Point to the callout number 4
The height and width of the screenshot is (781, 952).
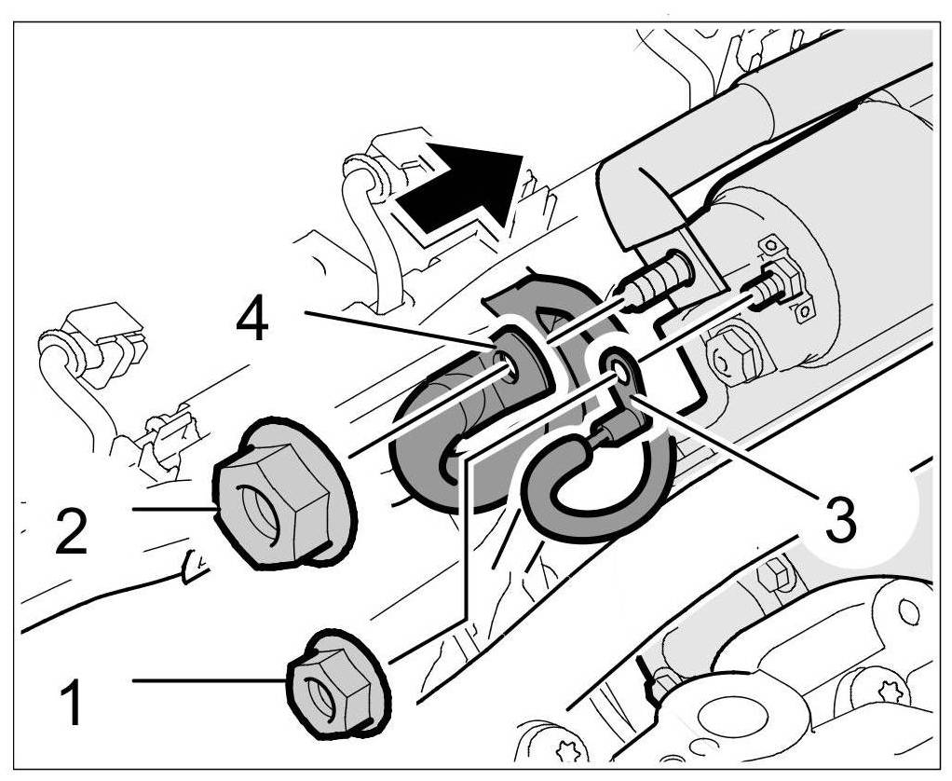click(252, 322)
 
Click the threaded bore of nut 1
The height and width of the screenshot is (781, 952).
click(321, 694)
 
